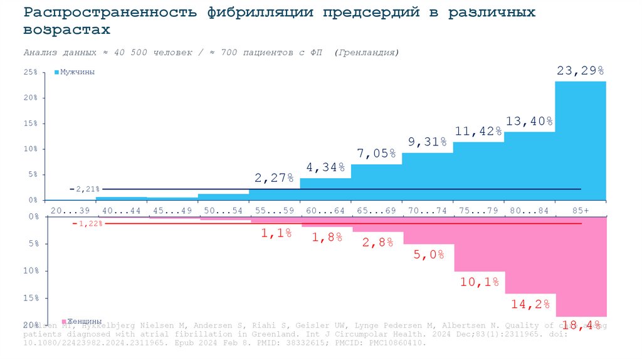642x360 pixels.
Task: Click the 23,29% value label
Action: point(580,70)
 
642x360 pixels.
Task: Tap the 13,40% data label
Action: point(529,121)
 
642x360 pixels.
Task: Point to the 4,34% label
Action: point(325,167)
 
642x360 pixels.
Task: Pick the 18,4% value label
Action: point(581,325)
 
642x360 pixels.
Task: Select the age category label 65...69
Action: point(376,211)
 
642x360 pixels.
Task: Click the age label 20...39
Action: point(70,211)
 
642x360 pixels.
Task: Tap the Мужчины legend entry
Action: point(77,72)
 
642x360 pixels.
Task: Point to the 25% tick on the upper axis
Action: point(31,73)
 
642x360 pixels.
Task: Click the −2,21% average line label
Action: point(85,189)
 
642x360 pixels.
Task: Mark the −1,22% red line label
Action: point(87,223)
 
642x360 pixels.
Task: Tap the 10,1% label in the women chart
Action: point(478,282)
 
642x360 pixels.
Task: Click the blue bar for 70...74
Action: point(427,179)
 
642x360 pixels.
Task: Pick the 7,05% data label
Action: point(376,153)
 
